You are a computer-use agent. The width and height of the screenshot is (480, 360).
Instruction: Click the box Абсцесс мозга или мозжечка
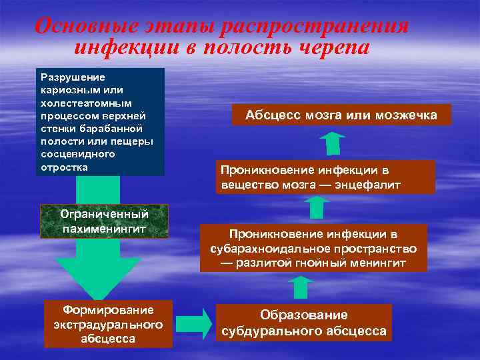(341, 115)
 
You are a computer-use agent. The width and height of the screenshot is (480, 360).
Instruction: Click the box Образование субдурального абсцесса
(304, 323)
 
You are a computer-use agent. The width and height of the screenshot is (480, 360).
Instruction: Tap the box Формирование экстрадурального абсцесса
(108, 324)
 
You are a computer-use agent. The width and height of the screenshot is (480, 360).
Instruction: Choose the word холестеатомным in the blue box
(77, 103)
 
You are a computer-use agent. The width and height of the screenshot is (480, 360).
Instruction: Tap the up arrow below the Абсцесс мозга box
(331, 143)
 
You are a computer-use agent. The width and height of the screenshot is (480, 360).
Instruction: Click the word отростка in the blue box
(64, 166)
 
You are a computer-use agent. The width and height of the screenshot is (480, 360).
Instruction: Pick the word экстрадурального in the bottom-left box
(108, 324)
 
